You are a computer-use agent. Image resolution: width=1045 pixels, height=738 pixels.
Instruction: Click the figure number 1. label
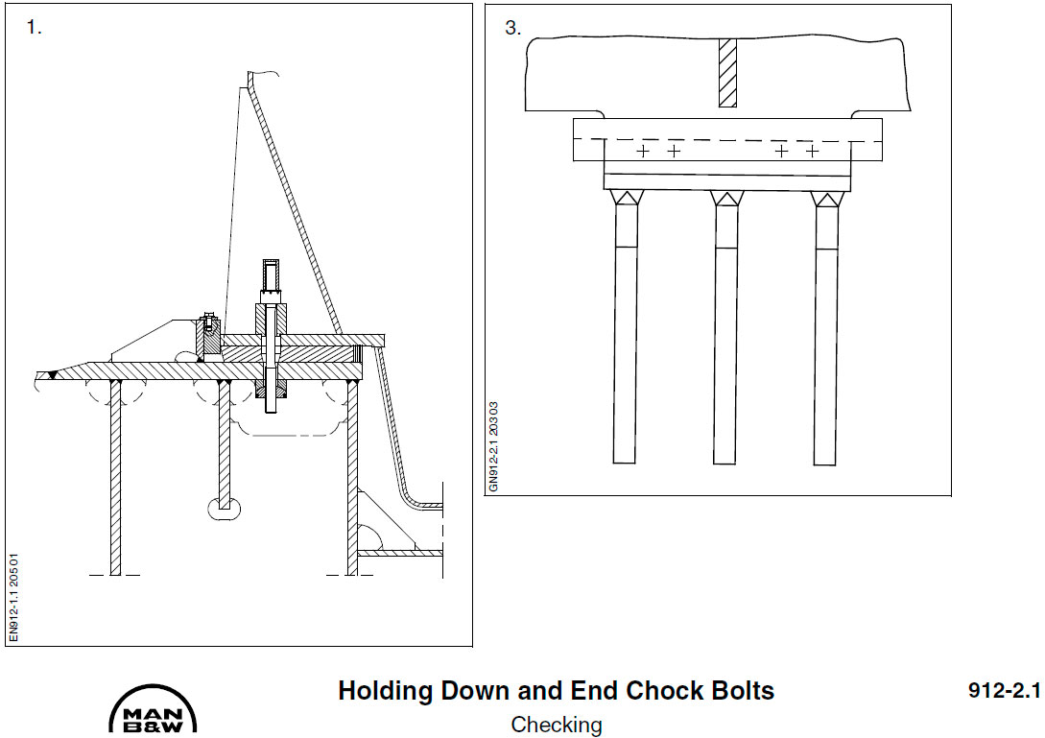(34, 28)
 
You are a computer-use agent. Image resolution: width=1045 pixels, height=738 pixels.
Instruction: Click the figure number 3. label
(513, 28)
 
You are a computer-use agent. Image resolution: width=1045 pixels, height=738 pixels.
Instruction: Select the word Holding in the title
(385, 691)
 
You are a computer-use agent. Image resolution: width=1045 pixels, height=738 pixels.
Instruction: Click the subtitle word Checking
(556, 725)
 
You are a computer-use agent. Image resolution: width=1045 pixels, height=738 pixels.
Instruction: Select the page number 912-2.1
(1004, 691)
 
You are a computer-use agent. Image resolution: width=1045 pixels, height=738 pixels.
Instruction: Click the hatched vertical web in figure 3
(727, 73)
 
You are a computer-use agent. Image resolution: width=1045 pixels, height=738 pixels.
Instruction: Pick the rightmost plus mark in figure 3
(812, 152)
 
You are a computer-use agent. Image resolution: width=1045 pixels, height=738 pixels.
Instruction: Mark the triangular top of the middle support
(726, 198)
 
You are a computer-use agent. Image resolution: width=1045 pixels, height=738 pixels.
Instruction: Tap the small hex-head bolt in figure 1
(208, 320)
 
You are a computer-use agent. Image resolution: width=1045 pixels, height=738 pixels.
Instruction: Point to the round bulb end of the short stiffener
(225, 510)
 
